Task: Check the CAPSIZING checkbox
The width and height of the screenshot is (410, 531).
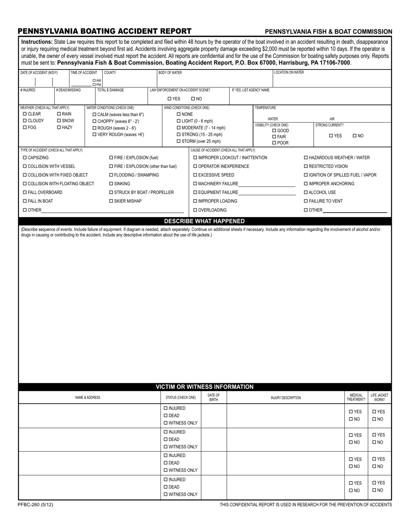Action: tap(25, 158)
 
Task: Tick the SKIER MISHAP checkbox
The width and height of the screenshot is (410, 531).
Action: tap(111, 201)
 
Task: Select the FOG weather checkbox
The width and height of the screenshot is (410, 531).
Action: tap(25, 128)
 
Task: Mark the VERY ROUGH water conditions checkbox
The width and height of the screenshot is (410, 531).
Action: tap(95, 135)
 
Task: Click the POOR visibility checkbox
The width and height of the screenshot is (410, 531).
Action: tap(274, 143)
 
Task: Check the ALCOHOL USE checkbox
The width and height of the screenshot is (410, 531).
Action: tap(306, 193)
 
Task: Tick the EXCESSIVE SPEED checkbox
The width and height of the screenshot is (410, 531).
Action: tap(195, 175)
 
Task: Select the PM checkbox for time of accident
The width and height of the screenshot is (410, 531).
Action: tap(95, 85)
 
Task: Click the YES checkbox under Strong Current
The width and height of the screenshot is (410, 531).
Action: tap(331, 136)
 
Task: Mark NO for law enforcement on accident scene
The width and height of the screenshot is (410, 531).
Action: tap(193, 99)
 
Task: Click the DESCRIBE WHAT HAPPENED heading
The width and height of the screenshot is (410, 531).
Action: tap(205, 221)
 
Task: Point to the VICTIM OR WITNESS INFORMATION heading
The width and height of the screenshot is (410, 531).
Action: tap(205, 387)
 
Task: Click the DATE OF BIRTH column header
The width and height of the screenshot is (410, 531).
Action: tap(214, 398)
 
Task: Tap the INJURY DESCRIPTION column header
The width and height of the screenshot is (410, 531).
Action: tap(286, 398)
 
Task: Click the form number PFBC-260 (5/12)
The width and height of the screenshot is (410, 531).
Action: tap(36, 505)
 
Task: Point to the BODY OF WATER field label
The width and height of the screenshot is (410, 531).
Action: tap(170, 73)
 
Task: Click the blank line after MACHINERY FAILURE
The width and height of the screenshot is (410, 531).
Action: tap(267, 184)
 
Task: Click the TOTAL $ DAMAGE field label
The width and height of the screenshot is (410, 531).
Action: tap(110, 90)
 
